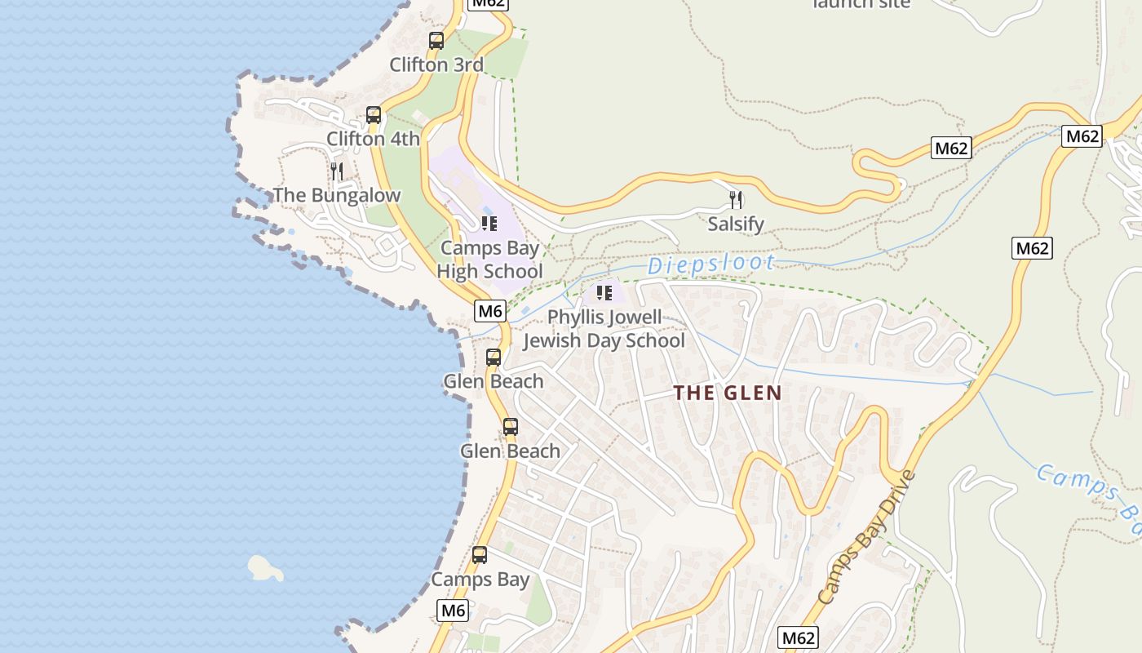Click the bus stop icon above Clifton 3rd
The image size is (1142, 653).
click(436, 41)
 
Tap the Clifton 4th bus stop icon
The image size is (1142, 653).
click(374, 115)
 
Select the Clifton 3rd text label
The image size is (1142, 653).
click(436, 64)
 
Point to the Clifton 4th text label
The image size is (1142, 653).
click(374, 139)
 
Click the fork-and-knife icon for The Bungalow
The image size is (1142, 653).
click(336, 171)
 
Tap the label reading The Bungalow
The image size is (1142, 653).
click(337, 195)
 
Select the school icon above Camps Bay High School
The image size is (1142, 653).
click(489, 224)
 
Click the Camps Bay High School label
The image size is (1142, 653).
click(490, 260)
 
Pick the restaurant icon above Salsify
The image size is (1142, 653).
click(736, 200)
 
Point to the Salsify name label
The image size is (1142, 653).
click(736, 224)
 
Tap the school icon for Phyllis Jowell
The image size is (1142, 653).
click(604, 292)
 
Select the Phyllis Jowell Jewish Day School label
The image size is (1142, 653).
click(604, 328)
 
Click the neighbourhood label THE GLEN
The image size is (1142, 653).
click(728, 393)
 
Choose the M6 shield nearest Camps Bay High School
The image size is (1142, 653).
click(490, 310)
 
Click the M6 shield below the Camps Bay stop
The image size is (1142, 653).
click(453, 610)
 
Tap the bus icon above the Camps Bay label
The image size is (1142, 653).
click(480, 556)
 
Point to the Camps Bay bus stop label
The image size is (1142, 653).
click(480, 580)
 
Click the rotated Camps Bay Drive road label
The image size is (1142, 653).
click(866, 538)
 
